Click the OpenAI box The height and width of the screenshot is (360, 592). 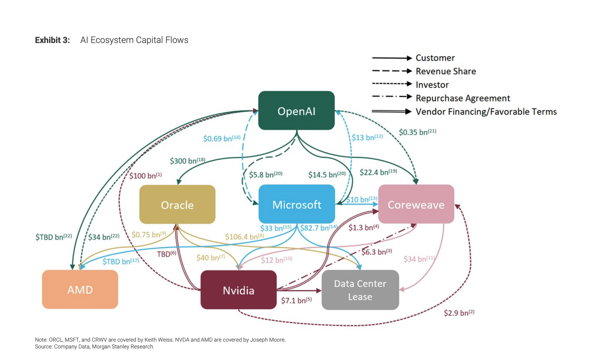click(x=296, y=111)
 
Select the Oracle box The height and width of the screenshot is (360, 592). click(x=177, y=205)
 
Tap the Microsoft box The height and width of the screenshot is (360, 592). click(x=297, y=204)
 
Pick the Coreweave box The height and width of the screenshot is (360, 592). click(x=416, y=204)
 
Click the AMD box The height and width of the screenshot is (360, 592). click(x=80, y=289)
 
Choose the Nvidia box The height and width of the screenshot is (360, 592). click(x=238, y=290)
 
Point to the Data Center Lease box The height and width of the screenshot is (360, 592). click(x=360, y=290)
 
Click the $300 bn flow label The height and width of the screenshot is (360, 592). click(x=187, y=161)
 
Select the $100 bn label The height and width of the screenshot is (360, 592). click(x=145, y=176)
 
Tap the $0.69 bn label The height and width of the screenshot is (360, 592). click(x=221, y=139)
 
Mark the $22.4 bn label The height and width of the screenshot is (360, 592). click(x=378, y=172)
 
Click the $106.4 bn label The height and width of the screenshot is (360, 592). click(x=244, y=237)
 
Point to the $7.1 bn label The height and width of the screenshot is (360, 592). click(x=296, y=300)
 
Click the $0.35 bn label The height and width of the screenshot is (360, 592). click(x=417, y=132)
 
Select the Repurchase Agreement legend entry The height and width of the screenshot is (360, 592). click(x=462, y=98)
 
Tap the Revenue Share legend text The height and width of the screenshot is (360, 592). click(x=446, y=71)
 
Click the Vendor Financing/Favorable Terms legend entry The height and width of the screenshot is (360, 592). click(x=486, y=112)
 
